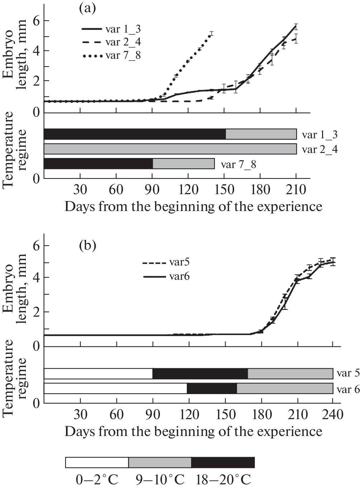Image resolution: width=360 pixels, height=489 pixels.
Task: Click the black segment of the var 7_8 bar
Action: [98, 163]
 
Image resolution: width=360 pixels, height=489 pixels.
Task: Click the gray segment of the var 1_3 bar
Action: [261, 134]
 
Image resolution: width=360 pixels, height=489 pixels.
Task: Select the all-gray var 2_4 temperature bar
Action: [170, 149]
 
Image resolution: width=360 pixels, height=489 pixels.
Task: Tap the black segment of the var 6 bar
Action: [212, 388]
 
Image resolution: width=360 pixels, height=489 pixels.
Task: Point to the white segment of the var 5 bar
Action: [98, 373]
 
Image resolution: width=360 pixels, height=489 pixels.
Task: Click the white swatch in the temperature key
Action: [97, 462]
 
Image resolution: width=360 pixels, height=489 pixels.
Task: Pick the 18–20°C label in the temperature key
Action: [223, 479]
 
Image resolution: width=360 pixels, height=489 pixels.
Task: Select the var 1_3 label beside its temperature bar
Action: [319, 135]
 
